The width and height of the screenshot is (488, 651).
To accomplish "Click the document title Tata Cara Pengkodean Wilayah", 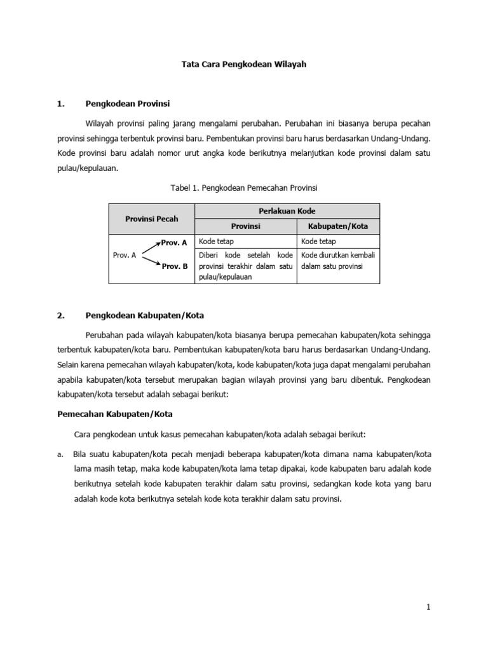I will click(244, 65).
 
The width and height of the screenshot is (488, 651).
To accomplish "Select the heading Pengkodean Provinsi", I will click(128, 103).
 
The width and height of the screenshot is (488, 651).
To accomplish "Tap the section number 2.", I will click(60, 315).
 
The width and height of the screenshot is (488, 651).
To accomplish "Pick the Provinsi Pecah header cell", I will click(151, 219).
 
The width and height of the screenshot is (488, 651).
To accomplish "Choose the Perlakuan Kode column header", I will click(287, 210).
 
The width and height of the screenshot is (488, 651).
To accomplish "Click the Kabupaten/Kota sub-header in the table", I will click(338, 226).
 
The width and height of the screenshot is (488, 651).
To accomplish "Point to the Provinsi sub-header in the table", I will click(245, 226).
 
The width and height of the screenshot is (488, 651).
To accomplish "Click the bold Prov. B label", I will click(175, 267).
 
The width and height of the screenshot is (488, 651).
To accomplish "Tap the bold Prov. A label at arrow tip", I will click(175, 242).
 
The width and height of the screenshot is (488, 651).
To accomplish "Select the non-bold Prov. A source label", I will click(125, 255).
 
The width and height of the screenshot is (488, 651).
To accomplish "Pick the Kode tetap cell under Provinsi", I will click(245, 242).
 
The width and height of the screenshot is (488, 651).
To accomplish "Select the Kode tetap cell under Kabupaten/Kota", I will click(338, 242).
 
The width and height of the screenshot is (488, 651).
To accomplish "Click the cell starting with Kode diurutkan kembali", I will click(338, 261).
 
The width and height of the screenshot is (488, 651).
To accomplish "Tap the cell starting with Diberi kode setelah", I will click(245, 266).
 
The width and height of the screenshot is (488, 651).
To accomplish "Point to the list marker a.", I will click(59, 455).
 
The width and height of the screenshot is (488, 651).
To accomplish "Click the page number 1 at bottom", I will click(429, 607).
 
